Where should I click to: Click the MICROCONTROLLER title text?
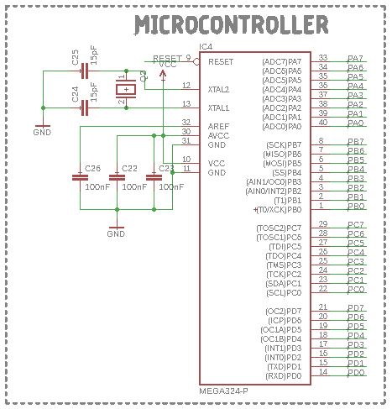(231, 26)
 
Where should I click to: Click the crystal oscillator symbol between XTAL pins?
(125, 89)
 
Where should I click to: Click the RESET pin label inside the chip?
(221, 62)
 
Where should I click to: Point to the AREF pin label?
(217, 124)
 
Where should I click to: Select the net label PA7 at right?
(355, 59)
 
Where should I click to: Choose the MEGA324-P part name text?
(223, 391)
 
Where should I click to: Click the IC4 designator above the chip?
(206, 46)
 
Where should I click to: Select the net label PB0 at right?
(355, 206)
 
